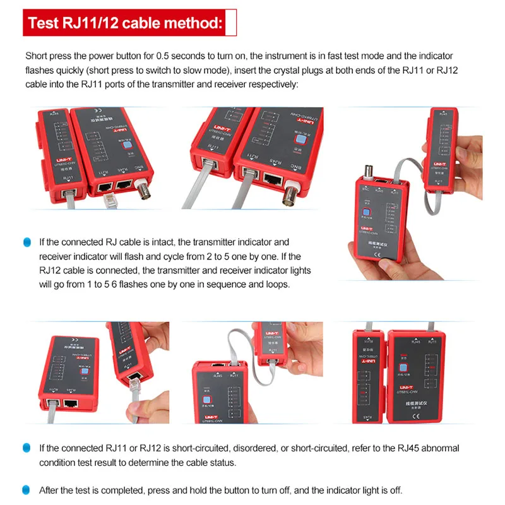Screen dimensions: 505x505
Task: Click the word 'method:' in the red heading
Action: coord(189,24)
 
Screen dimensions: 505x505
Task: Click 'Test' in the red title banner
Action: coord(44,24)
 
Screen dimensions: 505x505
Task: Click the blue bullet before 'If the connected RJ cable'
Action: coord(27,242)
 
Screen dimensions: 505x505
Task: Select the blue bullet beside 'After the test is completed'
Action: coord(27,490)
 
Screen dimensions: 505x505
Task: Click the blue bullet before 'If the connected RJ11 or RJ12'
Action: coord(27,448)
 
